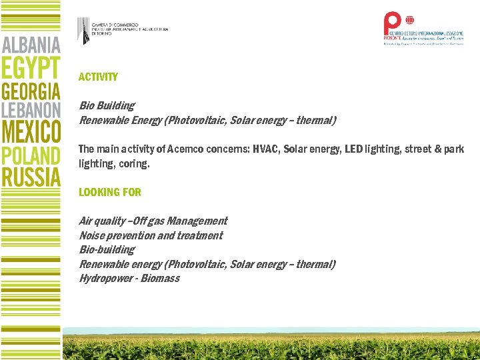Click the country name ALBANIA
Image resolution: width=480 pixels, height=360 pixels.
pos(31,45)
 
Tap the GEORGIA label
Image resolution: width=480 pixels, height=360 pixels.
pos(31,92)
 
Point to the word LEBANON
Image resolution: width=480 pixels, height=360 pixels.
pos(31,110)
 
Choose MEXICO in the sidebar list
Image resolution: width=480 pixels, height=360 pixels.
pos(31,131)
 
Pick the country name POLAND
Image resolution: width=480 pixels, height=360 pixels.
pos(31,155)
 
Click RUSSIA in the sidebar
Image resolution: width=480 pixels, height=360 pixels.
pos(31,177)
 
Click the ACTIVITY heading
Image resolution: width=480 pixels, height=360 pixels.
pos(98,77)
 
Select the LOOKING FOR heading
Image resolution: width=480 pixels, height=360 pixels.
pos(110,192)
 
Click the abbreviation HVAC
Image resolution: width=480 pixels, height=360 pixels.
pos(265,149)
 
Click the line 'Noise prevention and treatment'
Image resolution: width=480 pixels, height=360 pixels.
pos(151,235)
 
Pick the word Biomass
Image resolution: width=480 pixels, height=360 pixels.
pos(160,279)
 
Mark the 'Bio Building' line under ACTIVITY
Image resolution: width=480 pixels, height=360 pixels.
pos(107,105)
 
